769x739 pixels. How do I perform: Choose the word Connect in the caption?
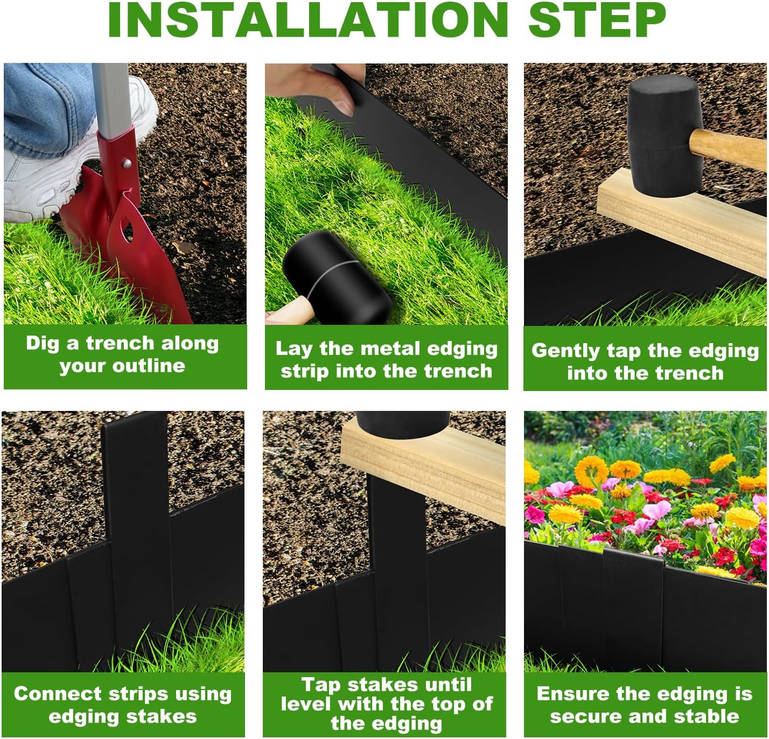(56, 694)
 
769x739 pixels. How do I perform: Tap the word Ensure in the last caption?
(571, 694)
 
